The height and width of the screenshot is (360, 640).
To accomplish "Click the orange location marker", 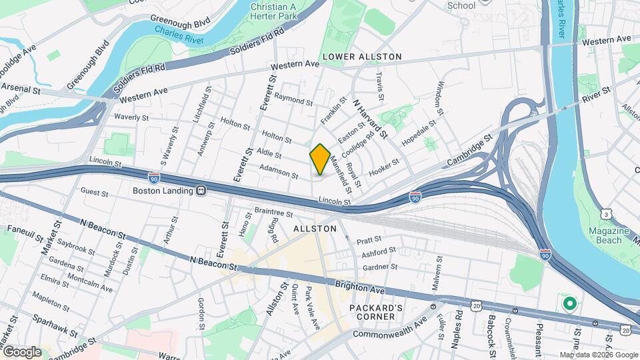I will coord(320,159).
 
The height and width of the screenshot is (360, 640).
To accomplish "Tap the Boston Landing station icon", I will coord(201,190).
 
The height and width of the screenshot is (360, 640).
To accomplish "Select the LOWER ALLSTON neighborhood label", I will coord(362,57).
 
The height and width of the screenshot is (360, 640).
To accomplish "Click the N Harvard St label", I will coord(371,119).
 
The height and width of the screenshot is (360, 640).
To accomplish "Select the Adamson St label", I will coord(278,171).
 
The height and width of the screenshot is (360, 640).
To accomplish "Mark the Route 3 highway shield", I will coord(605,213).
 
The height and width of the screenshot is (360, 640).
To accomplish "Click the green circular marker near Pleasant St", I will coord(569,305).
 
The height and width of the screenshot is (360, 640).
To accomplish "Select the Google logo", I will coord(21,351).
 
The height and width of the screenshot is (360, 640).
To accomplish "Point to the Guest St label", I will coord(94,193).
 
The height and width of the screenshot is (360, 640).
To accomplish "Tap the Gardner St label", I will coord(380,267).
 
